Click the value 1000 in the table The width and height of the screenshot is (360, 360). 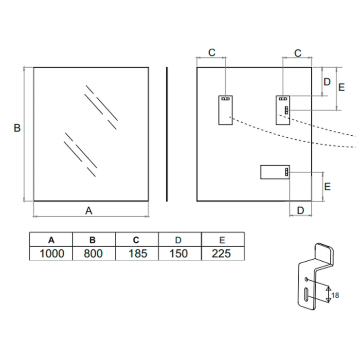tap(52, 253)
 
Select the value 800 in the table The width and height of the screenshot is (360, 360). tap(93, 253)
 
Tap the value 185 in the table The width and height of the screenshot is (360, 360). tap(138, 253)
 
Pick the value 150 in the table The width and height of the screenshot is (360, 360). tap(179, 253)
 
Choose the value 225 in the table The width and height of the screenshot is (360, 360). tap(221, 253)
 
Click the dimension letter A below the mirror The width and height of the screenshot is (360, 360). tap(89, 211)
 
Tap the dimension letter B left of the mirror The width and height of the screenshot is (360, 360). tap(17, 128)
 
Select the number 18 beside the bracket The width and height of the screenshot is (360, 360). tap(335, 295)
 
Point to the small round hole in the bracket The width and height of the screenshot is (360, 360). tap(306, 279)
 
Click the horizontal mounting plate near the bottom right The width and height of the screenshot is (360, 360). tap(275, 172)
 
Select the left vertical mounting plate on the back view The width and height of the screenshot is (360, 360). tap(226, 110)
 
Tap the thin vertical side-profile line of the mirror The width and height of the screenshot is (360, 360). tap(167, 134)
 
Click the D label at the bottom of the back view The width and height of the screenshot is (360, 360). tap(301, 210)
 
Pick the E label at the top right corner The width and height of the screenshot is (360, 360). tap(342, 87)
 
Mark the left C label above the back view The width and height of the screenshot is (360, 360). tap(212, 53)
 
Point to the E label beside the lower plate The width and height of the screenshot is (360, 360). tap(327, 187)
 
